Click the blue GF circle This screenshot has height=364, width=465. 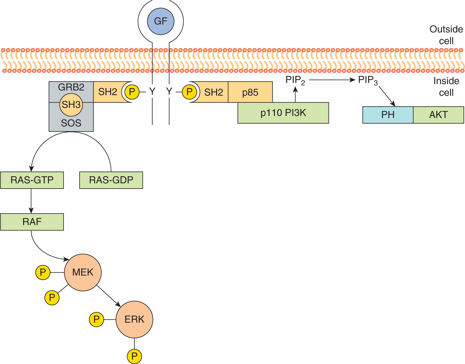point(160,21)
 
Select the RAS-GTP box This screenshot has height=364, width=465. point(32,180)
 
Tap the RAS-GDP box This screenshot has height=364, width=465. point(111,180)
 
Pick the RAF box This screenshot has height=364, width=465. point(32,222)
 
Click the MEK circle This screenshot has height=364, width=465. point(83,272)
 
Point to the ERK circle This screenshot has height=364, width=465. point(134,319)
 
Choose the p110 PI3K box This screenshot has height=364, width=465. point(283,113)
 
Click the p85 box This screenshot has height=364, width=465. point(250,92)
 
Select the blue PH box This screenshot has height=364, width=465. point(388,115)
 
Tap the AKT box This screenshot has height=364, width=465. point(438,115)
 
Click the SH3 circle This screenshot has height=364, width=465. point(71,105)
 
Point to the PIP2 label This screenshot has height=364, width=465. point(295,80)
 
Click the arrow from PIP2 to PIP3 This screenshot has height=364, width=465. point(332,80)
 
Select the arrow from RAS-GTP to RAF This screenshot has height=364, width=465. point(31,201)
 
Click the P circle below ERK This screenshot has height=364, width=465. point(134,356)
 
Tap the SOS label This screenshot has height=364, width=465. point(71,123)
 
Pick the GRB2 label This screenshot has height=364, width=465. point(71,87)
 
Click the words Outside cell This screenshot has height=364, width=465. point(446,35)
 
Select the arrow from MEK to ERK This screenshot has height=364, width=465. point(109,296)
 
